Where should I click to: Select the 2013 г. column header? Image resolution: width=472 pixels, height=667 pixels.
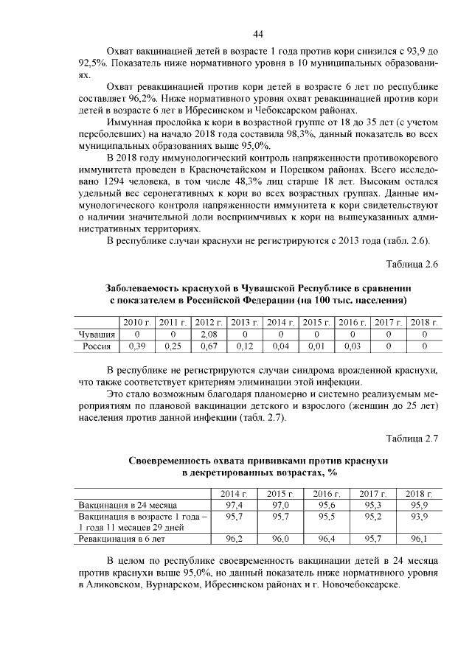[245, 322]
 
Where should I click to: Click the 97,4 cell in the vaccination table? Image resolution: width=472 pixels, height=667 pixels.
[235, 505]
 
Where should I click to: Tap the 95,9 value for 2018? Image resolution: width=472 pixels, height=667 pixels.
[418, 505]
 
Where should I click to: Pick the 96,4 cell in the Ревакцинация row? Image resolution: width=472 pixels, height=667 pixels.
[326, 539]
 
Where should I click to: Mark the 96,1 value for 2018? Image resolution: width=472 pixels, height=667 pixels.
[418, 539]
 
